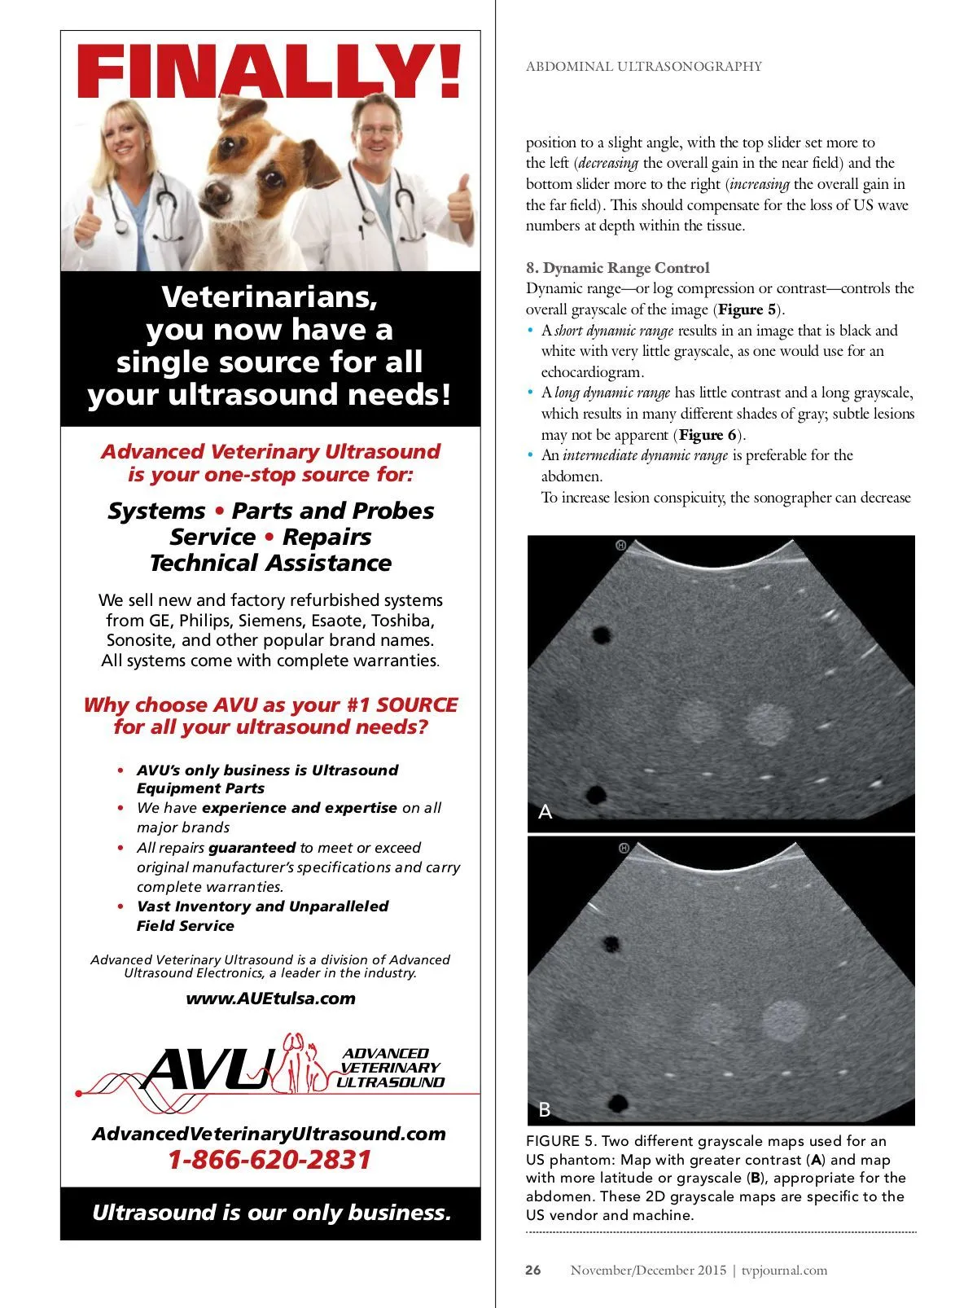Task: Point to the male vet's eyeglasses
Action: [376, 130]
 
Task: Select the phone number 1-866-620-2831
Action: [269, 1160]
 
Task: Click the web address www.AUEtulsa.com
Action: [270, 998]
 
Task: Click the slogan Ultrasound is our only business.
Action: [270, 1213]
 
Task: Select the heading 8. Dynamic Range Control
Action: [618, 268]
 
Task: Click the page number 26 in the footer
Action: [533, 1270]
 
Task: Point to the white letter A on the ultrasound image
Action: [545, 811]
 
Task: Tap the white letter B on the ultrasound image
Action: [545, 1109]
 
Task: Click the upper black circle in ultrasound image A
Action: [602, 634]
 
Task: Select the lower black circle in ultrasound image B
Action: [618, 1103]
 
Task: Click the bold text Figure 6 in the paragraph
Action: [708, 435]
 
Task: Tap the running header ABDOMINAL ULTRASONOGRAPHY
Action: [643, 67]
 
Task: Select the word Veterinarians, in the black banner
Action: [269, 297]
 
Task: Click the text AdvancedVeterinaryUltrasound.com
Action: [269, 1134]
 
